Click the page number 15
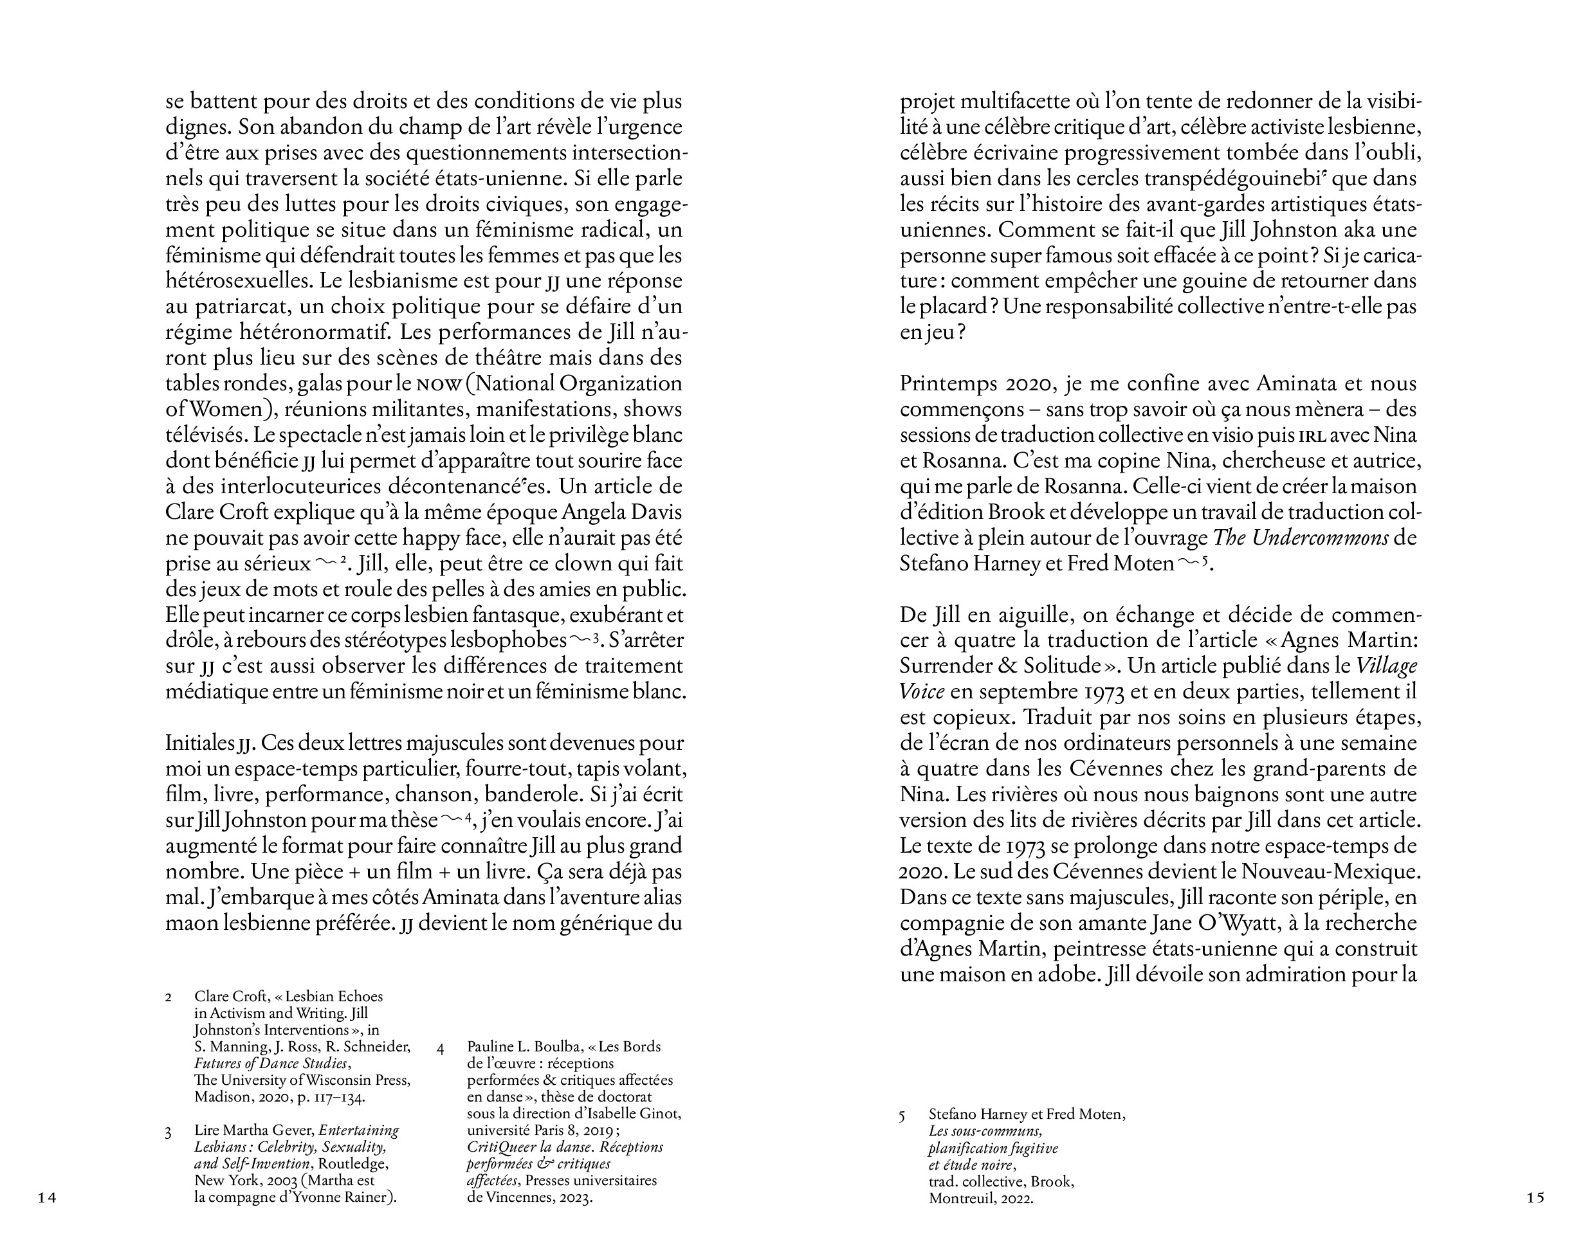click(1535, 1198)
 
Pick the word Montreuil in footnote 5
click(960, 1199)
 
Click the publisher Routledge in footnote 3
click(353, 1164)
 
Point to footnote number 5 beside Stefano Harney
click(902, 1116)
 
